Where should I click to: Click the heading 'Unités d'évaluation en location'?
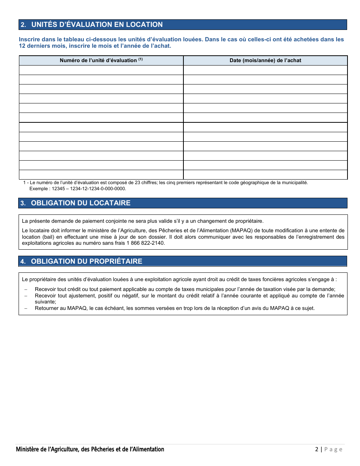(x=97, y=25)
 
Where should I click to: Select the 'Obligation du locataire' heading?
(x=80, y=203)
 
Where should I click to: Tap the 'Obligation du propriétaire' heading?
(x=86, y=261)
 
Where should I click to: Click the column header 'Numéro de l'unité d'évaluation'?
(x=98, y=61)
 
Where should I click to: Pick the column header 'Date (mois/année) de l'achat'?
(x=265, y=61)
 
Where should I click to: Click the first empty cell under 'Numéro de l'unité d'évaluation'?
(x=101, y=70)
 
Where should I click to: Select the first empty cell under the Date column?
(x=265, y=70)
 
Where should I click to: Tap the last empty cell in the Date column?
(x=265, y=175)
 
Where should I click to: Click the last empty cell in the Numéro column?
(x=101, y=175)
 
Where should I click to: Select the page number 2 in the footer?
(x=316, y=450)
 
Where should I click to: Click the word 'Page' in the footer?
(x=333, y=450)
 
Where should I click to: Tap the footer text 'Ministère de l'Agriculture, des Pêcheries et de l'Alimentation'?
(x=90, y=450)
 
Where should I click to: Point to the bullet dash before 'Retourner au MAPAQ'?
(x=26, y=308)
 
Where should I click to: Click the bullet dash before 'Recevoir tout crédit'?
(x=26, y=289)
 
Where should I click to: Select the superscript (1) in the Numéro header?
(x=140, y=59)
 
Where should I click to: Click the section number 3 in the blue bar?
(x=23, y=203)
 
